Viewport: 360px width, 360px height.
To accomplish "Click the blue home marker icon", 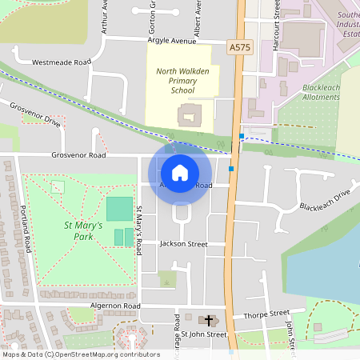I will (x=180, y=173).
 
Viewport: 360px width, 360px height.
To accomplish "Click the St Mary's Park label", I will (x=83, y=231).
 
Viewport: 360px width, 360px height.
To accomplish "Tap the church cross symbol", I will (x=210, y=320).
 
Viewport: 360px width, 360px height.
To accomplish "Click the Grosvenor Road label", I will (x=78, y=155).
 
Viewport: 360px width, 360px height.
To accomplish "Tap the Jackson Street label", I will (x=183, y=243).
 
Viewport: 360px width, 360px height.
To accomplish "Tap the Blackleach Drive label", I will (x=326, y=201).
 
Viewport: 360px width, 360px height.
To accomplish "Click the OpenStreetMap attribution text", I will (x=80, y=354).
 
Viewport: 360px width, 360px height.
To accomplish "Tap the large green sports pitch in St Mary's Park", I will (x=119, y=210).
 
